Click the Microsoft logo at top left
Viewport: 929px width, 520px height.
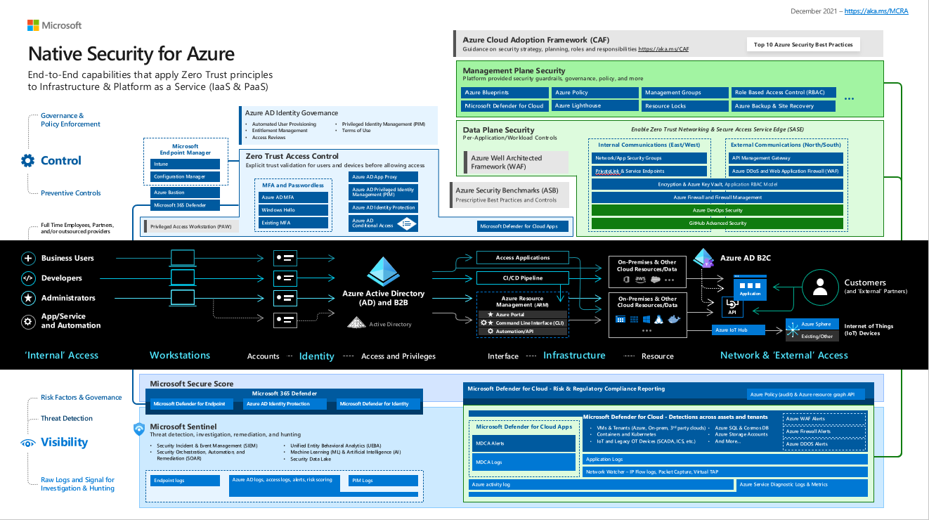click(x=33, y=25)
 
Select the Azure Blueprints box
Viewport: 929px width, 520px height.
click(x=505, y=92)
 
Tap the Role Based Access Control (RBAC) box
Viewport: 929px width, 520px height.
click(x=783, y=92)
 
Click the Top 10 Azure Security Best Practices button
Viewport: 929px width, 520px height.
click(x=803, y=45)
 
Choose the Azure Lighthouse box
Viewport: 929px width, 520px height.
click(x=595, y=106)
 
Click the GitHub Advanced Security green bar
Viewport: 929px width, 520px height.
click(x=717, y=223)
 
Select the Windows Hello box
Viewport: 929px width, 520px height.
click(x=292, y=210)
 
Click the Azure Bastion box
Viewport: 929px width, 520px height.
click(x=185, y=192)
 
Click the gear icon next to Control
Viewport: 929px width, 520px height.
click(x=28, y=160)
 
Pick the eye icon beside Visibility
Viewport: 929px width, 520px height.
click(x=28, y=443)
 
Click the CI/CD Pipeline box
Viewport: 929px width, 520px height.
click(x=522, y=278)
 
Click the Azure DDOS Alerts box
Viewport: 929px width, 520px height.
click(x=824, y=444)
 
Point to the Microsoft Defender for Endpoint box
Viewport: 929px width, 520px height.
click(x=190, y=403)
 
